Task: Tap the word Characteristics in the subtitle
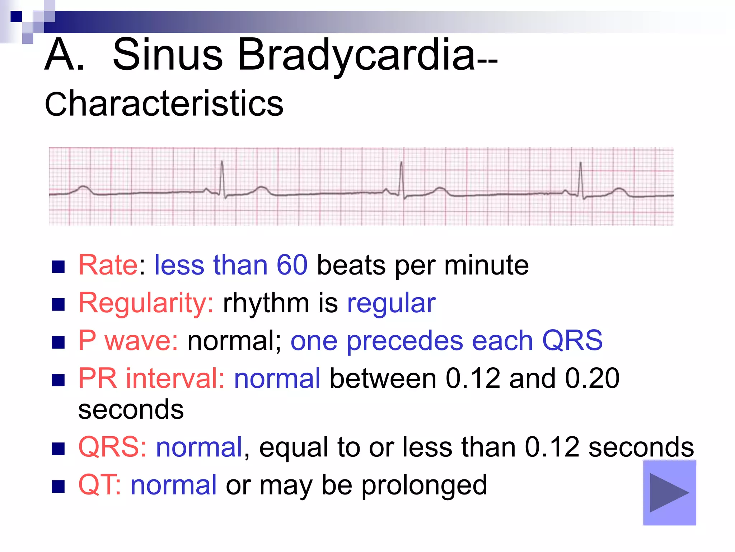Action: pyautogui.click(x=164, y=104)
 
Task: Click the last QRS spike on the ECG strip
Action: pyautogui.click(x=580, y=178)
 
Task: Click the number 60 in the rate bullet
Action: pyautogui.click(x=292, y=265)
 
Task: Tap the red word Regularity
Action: pyautogui.click(x=146, y=303)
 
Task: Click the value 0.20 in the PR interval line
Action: pyautogui.click(x=592, y=378)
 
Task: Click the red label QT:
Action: pyautogui.click(x=99, y=485)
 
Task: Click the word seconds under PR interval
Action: pyautogui.click(x=131, y=410)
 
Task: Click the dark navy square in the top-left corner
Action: pyautogui.click(x=16, y=17)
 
